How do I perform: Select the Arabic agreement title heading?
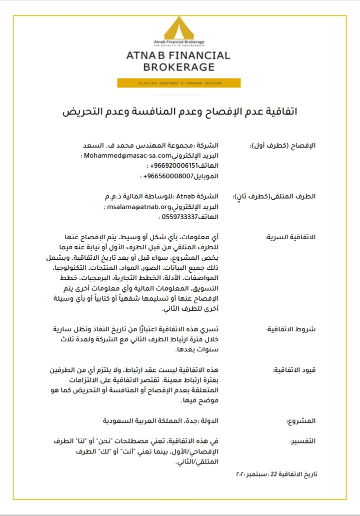coord(179,111)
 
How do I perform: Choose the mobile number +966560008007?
coord(168,176)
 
